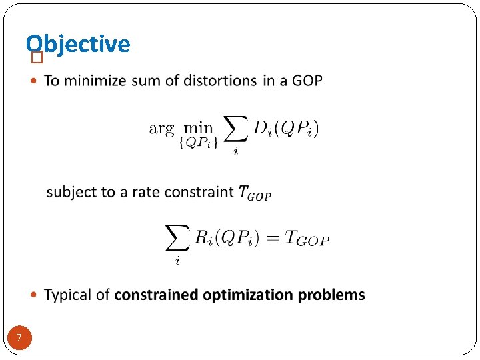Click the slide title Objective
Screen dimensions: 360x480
point(78,44)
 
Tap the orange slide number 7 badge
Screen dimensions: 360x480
point(19,339)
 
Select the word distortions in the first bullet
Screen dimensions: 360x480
point(223,81)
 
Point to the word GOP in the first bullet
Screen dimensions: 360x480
point(307,81)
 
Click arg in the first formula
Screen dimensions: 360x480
point(161,129)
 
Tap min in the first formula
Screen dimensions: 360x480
point(199,127)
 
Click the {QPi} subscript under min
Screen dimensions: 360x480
point(198,143)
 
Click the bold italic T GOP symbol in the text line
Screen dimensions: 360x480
point(255,193)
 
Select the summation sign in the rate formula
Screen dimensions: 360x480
point(177,237)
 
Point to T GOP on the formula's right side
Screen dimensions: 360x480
point(307,238)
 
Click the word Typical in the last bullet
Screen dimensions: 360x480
point(67,295)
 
